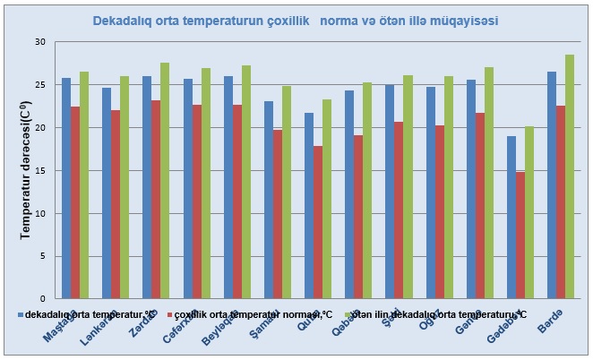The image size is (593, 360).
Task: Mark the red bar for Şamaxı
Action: (x=278, y=214)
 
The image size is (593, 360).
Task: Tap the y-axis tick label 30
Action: (x=39, y=42)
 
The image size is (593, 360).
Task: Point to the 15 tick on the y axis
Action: (x=39, y=170)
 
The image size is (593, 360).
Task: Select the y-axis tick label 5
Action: (x=41, y=256)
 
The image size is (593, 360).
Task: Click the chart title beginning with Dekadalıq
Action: (x=296, y=19)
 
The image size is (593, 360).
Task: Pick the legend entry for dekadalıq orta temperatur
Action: (x=85, y=314)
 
